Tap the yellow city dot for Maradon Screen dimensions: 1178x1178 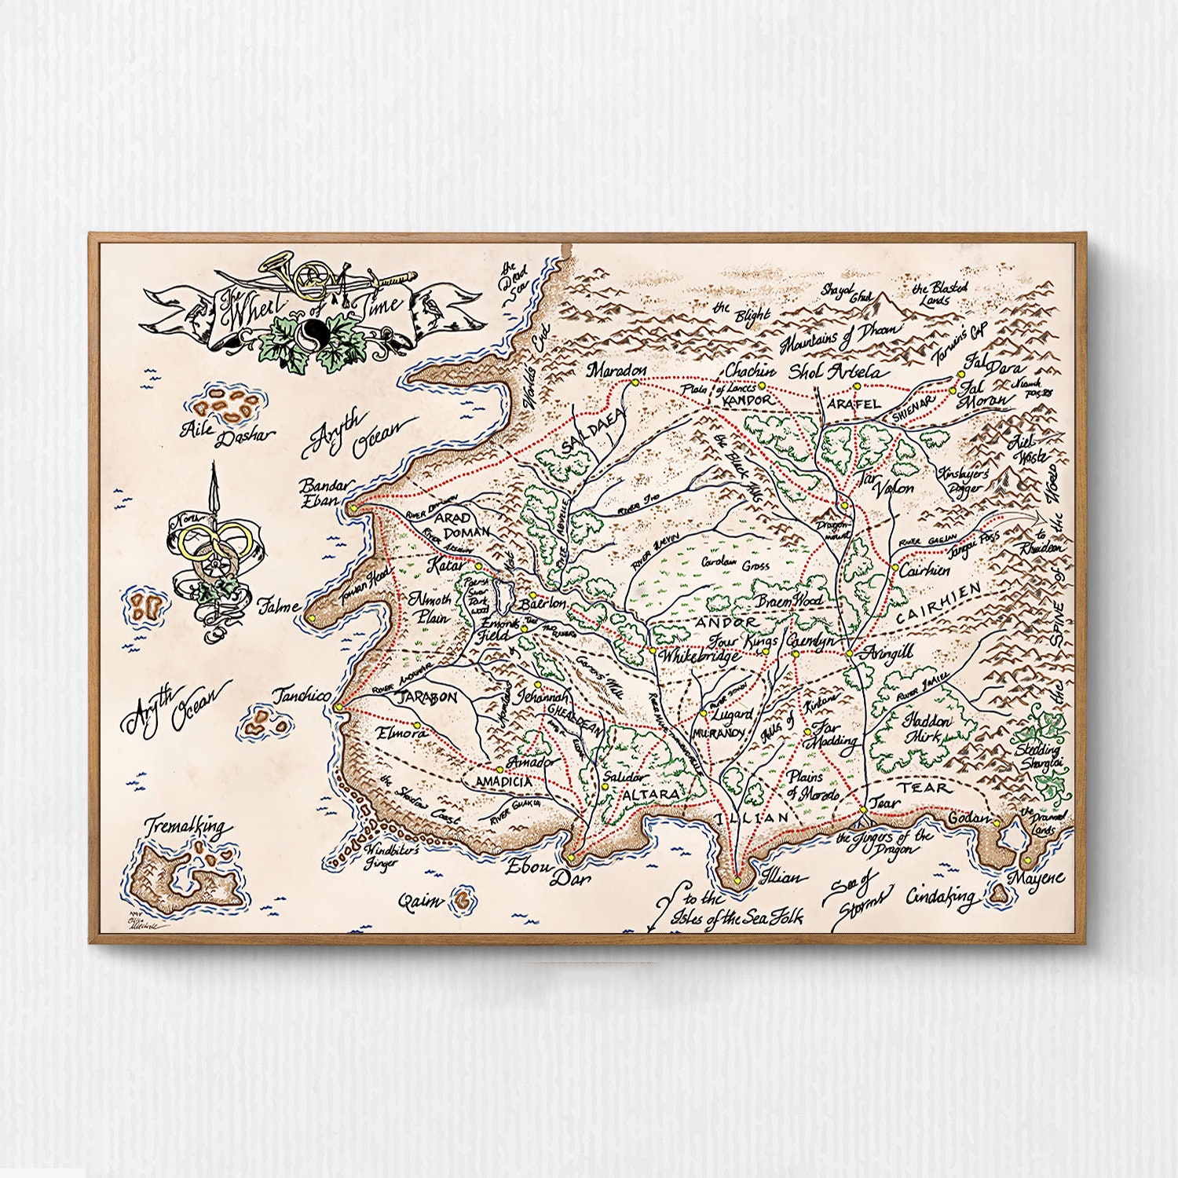tap(633, 382)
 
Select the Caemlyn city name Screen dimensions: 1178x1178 tap(811, 641)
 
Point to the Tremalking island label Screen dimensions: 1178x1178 tap(188, 827)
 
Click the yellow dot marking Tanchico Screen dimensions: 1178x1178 tap(338, 706)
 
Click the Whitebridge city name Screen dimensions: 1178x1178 tap(699, 656)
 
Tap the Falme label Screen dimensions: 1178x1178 tap(278, 605)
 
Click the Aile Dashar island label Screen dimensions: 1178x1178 tap(227, 432)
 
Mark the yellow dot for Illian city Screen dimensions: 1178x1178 tap(739, 881)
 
